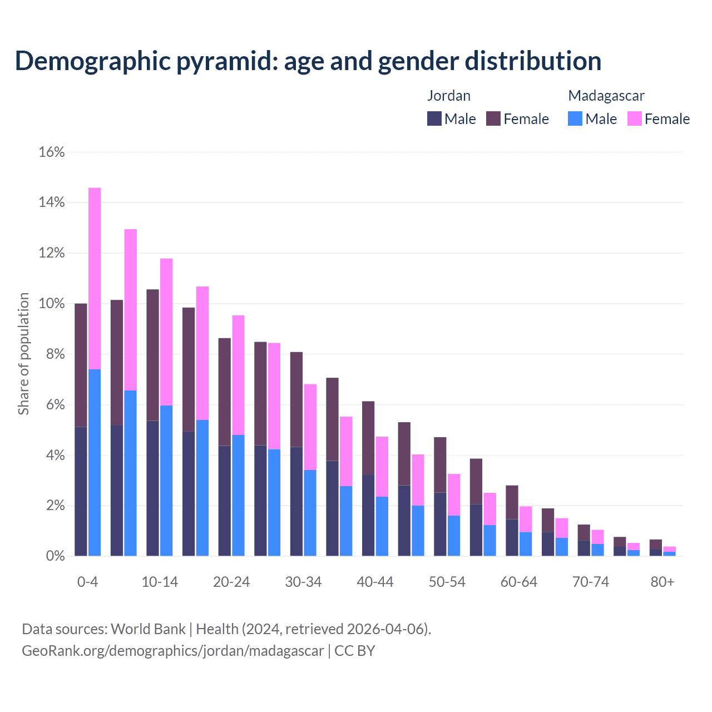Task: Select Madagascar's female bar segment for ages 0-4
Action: tap(95, 278)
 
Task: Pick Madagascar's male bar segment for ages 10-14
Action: tap(166, 481)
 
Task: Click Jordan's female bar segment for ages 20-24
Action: tap(224, 392)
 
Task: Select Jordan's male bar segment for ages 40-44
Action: tap(368, 515)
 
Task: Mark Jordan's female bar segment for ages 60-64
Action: tap(512, 502)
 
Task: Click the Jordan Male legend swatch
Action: tap(434, 118)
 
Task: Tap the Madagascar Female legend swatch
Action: tap(635, 118)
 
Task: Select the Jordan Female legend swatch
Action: tap(493, 118)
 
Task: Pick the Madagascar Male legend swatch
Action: tap(575, 118)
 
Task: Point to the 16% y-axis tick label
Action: tap(52, 152)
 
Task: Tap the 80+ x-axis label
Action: tap(662, 582)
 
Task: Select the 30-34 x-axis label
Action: tap(303, 582)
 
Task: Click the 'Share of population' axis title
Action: tap(23, 354)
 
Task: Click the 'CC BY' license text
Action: tap(354, 651)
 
